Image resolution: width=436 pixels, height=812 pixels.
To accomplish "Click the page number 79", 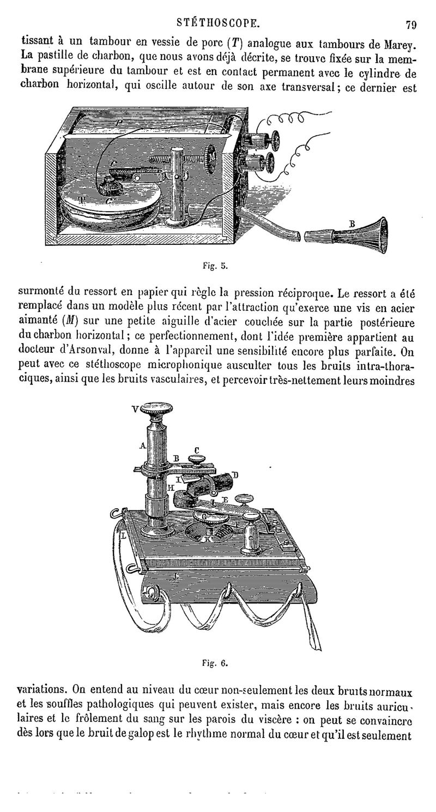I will (x=411, y=25).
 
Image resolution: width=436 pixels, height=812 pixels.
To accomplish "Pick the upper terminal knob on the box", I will (x=270, y=140).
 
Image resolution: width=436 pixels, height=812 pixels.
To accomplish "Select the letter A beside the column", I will (x=143, y=446).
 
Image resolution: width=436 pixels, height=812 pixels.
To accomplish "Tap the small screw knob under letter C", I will (x=197, y=461).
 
